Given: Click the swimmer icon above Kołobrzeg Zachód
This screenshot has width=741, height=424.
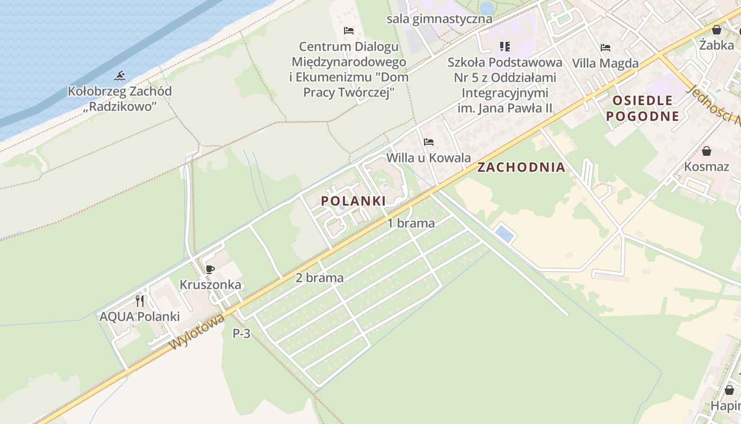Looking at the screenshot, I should (x=120, y=76).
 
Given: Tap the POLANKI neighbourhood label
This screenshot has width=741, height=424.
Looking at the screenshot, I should (x=353, y=201).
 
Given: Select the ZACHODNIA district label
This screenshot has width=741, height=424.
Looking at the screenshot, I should (x=521, y=167).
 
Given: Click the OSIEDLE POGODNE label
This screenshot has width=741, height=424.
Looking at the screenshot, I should (x=643, y=108).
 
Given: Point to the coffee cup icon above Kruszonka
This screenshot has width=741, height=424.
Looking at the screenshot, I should (x=210, y=269).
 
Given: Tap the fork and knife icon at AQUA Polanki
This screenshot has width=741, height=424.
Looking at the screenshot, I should (x=140, y=301).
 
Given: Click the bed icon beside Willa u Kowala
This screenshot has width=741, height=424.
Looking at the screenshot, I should (x=429, y=142).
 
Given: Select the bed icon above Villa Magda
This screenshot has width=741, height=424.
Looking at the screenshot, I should (x=606, y=48).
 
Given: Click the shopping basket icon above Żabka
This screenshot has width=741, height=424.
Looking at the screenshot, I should (x=716, y=30).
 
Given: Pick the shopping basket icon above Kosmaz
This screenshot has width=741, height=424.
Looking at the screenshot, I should (x=706, y=151).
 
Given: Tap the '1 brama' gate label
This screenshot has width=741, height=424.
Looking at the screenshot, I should (x=411, y=223).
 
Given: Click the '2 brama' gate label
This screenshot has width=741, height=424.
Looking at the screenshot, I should (x=319, y=278).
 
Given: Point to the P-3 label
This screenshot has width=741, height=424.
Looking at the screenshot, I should (x=241, y=334).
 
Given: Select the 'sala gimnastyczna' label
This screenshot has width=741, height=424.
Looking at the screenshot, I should (x=439, y=19).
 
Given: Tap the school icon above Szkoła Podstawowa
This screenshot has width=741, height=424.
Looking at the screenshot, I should (x=505, y=47).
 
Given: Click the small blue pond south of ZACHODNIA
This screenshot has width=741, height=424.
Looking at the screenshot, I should (x=504, y=234).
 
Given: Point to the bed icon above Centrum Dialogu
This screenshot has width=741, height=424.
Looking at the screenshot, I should (x=348, y=30).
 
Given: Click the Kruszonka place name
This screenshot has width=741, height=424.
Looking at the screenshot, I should (x=210, y=285).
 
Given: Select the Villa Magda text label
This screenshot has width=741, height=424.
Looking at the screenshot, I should (x=605, y=64).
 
